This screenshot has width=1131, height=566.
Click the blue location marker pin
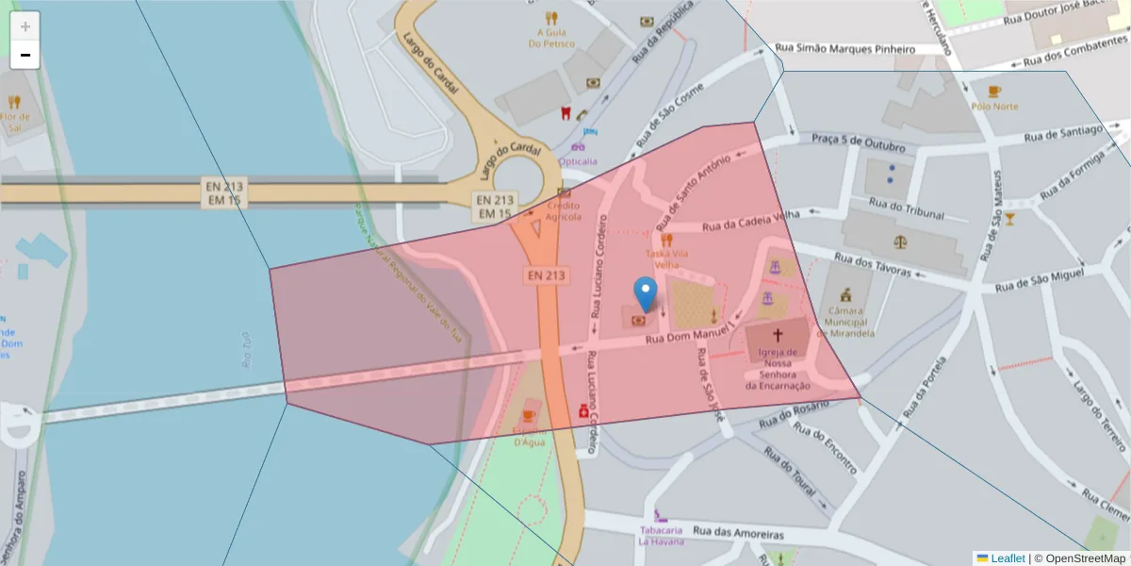click(646, 293)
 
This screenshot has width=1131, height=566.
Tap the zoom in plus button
click(25, 26)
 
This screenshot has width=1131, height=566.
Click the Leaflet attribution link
click(1008, 558)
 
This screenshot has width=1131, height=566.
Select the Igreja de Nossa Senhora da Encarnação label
click(778, 369)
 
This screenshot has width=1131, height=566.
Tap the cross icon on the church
click(779, 335)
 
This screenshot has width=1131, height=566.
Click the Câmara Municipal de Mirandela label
click(845, 321)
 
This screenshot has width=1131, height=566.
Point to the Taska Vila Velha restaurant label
click(667, 258)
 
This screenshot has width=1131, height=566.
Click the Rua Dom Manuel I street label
click(688, 337)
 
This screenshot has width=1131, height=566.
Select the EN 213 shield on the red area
click(547, 275)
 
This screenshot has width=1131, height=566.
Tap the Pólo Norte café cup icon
click(994, 92)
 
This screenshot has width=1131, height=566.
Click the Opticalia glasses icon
click(578, 146)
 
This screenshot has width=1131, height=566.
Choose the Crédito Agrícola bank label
click(564, 210)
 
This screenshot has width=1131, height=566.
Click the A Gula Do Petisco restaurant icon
click(551, 17)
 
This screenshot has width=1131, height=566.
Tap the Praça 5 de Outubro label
click(858, 143)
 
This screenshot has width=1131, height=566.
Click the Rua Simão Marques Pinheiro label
click(844, 48)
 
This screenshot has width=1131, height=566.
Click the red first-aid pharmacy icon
click(584, 412)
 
